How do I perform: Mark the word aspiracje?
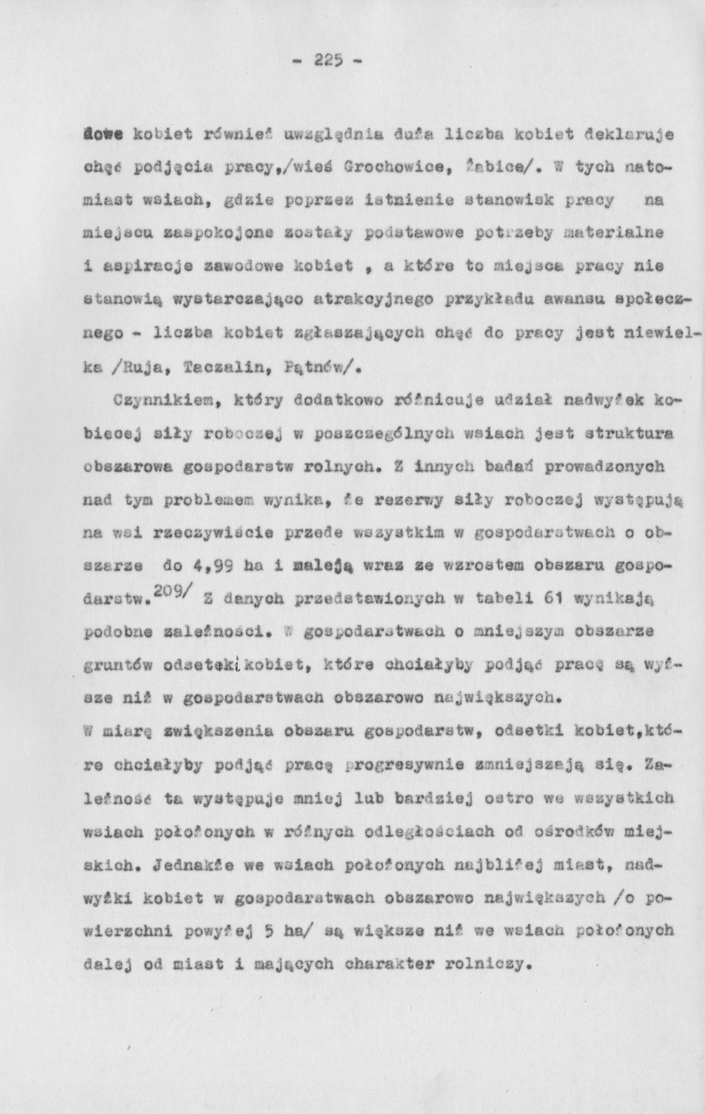(137, 267)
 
